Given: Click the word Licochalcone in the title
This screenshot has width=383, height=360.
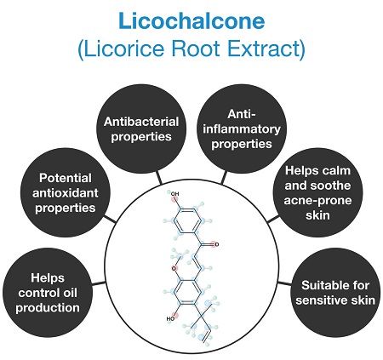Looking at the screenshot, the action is click(x=191, y=20).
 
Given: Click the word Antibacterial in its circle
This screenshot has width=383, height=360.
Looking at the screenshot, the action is click(x=141, y=122).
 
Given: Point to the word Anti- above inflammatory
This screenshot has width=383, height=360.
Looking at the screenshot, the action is click(x=242, y=114).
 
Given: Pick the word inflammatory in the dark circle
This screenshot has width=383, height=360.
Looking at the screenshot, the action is click(x=242, y=129).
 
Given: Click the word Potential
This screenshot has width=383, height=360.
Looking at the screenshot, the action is click(x=66, y=178).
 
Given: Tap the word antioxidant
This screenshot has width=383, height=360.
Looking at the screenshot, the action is click(x=66, y=193).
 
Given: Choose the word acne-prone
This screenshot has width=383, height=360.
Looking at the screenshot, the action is click(x=317, y=201).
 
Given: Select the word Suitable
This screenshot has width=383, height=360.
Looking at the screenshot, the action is click(x=320, y=285).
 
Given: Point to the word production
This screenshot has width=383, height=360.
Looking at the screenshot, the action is click(x=48, y=308).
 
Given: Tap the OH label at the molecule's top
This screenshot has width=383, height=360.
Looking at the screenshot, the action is click(x=174, y=194).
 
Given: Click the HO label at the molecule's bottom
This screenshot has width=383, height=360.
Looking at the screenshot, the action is click(x=170, y=318).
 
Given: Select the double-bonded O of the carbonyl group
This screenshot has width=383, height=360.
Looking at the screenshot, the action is click(x=217, y=244).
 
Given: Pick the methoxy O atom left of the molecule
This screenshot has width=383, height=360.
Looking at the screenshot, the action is click(x=174, y=268).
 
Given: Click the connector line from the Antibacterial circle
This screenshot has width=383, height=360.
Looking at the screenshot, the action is click(x=159, y=178).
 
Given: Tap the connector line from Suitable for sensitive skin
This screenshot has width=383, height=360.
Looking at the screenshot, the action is click(x=284, y=283).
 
